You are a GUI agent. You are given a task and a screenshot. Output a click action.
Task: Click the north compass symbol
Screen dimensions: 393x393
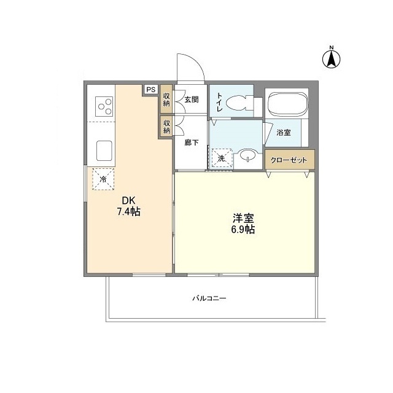(332, 58)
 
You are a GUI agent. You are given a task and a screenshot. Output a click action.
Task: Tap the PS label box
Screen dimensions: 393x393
(150, 89)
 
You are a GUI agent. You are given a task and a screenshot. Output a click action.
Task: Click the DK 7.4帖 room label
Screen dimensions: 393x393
(129, 206)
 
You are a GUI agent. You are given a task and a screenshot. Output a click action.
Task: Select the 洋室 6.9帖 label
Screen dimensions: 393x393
(243, 224)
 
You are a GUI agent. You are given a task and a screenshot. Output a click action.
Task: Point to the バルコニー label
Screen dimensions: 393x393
(209, 298)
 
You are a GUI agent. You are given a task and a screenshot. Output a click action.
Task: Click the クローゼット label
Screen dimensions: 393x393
(290, 160)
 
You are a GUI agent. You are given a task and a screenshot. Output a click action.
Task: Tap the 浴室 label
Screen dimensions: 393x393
(283, 133)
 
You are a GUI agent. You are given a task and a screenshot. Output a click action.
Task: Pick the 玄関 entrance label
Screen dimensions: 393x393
(191, 99)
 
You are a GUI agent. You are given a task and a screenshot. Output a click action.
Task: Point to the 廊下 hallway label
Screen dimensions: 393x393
(191, 142)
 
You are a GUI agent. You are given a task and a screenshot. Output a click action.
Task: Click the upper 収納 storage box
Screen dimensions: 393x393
(166, 99)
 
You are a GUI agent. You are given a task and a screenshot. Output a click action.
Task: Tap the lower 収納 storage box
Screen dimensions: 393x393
(166, 126)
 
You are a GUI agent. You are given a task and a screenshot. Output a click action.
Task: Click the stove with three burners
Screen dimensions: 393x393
(103, 107)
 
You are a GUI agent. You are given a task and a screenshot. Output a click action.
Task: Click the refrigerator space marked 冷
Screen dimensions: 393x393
(103, 179)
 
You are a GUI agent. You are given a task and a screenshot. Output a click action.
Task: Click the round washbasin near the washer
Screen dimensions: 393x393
(247, 156)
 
